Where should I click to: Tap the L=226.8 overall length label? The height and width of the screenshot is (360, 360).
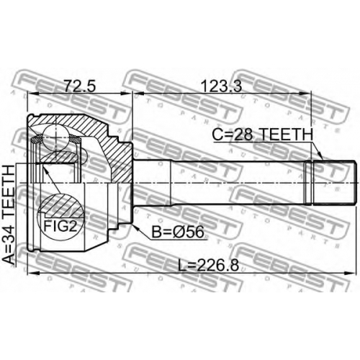209,266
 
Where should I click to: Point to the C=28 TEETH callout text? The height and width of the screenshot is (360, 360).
263,134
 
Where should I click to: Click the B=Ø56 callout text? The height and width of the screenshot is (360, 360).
178,232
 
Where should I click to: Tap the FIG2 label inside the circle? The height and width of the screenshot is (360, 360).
60,226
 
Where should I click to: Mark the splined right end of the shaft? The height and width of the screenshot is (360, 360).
334,183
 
